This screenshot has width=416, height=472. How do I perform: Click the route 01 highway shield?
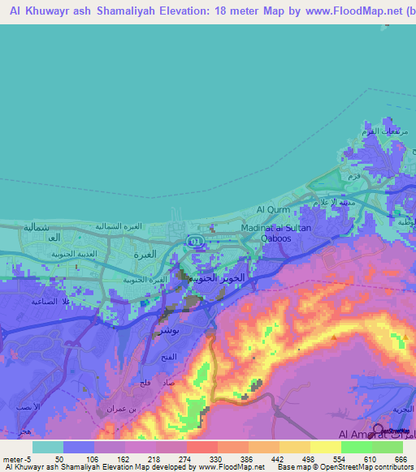[195, 242]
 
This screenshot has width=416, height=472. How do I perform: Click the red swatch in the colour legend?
[201, 447]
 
